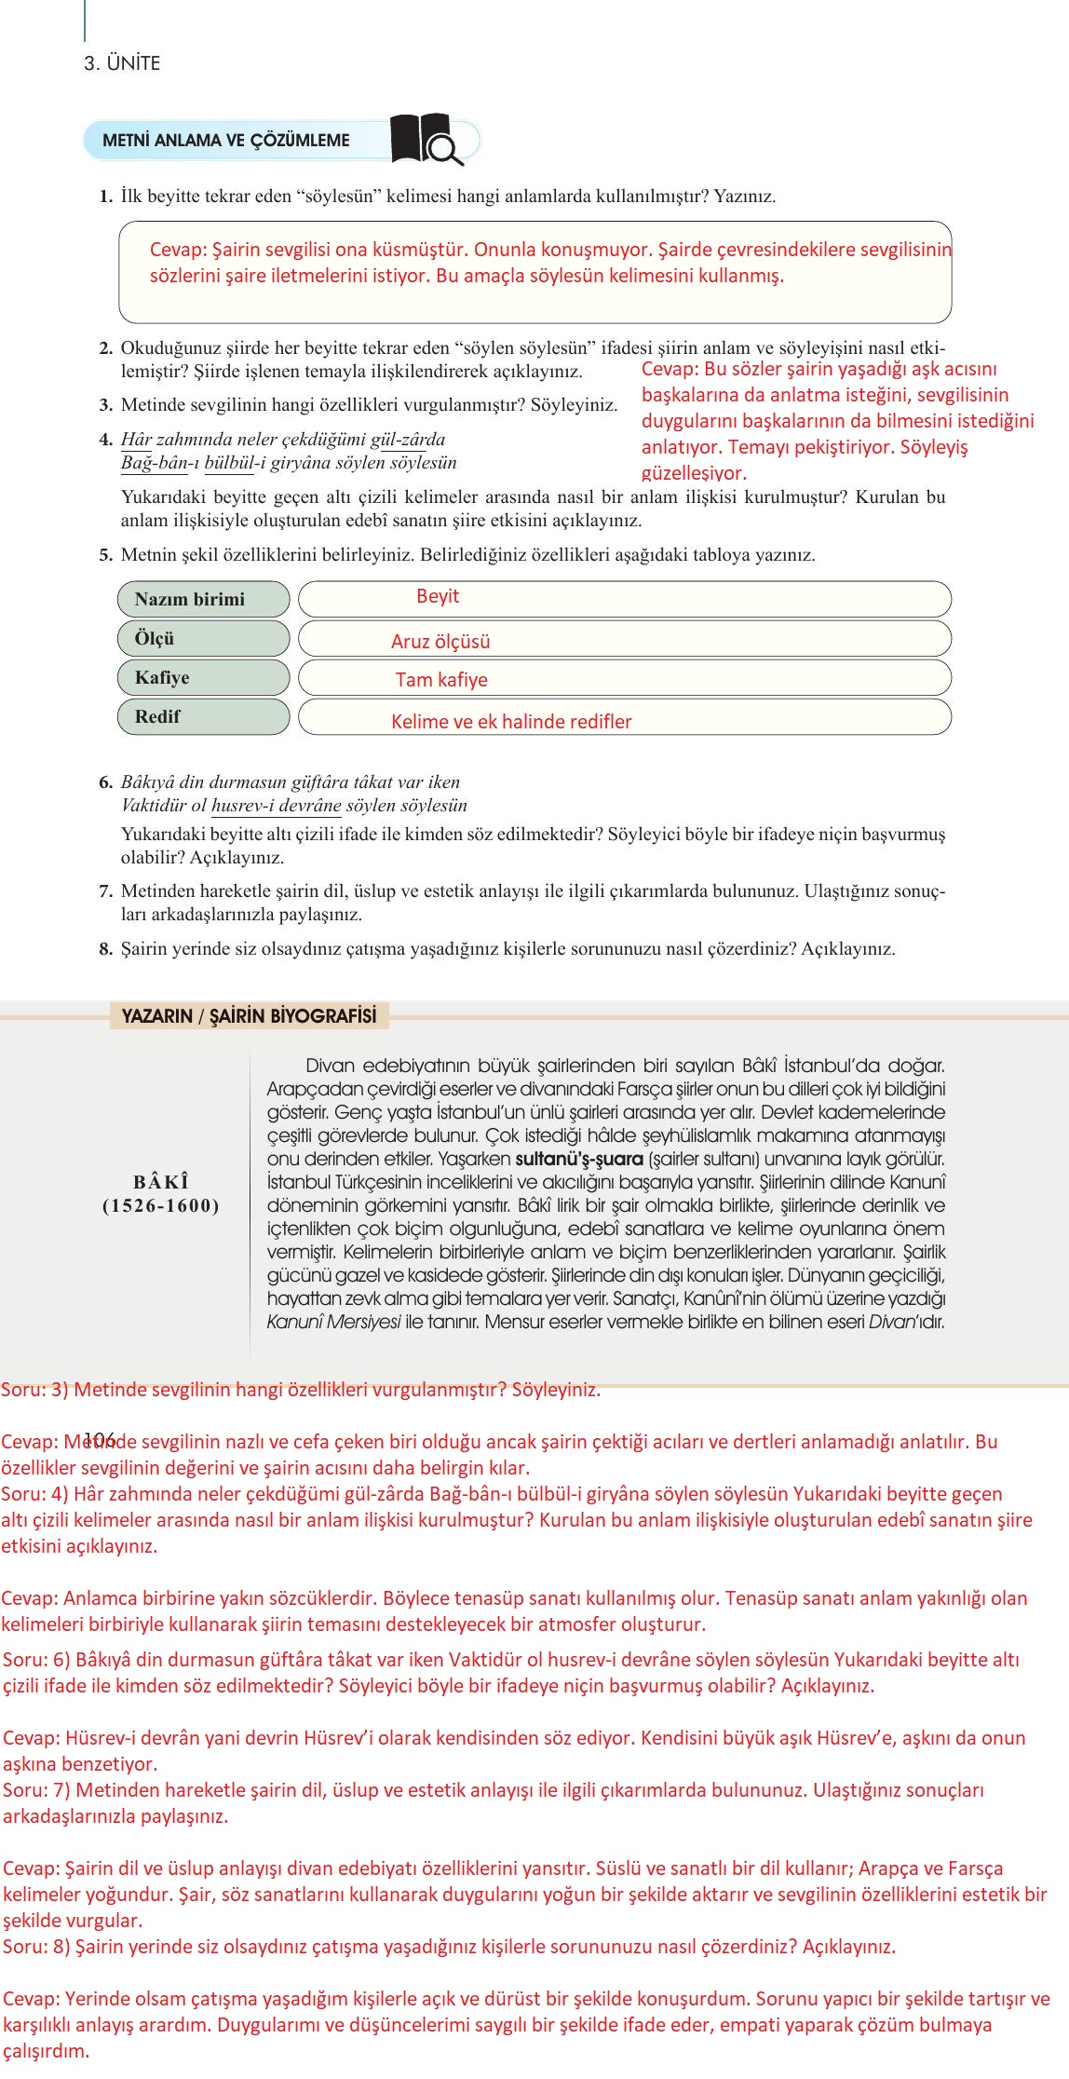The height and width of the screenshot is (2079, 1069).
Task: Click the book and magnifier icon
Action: coord(426,140)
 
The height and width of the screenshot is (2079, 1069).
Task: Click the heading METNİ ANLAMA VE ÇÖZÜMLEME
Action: coord(226,141)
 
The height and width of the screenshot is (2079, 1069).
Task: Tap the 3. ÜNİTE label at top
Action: coord(122,63)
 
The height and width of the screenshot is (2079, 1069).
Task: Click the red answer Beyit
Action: coord(438,596)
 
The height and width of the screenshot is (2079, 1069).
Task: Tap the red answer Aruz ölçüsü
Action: coord(440,641)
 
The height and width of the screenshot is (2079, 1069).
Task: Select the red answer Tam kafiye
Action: coord(441,679)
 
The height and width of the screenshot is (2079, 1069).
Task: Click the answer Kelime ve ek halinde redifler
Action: coord(511,721)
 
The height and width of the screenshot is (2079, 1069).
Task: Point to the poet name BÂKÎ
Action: coord(161,1182)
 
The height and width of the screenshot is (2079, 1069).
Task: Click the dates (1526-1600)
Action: coord(161,1206)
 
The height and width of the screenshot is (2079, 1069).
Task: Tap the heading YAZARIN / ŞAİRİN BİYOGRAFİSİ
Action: coord(249,1016)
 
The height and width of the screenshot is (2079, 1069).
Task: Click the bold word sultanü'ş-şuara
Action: coord(579,1159)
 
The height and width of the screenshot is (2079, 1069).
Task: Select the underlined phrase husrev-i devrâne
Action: coord(276,806)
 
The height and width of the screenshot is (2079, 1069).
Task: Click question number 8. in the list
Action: coord(106,949)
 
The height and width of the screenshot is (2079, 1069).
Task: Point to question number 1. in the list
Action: coord(106,197)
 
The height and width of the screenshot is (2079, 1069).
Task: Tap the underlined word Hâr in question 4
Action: coord(136,440)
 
